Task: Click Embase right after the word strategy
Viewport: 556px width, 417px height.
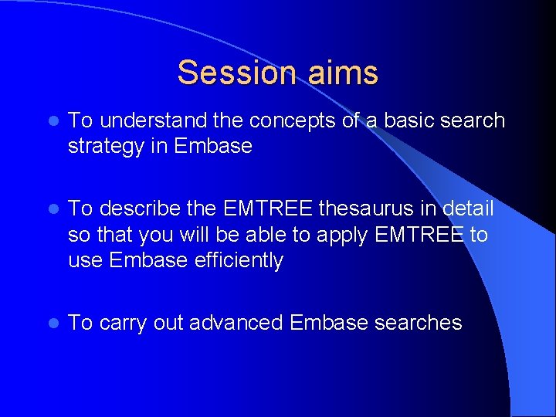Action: (213, 146)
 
